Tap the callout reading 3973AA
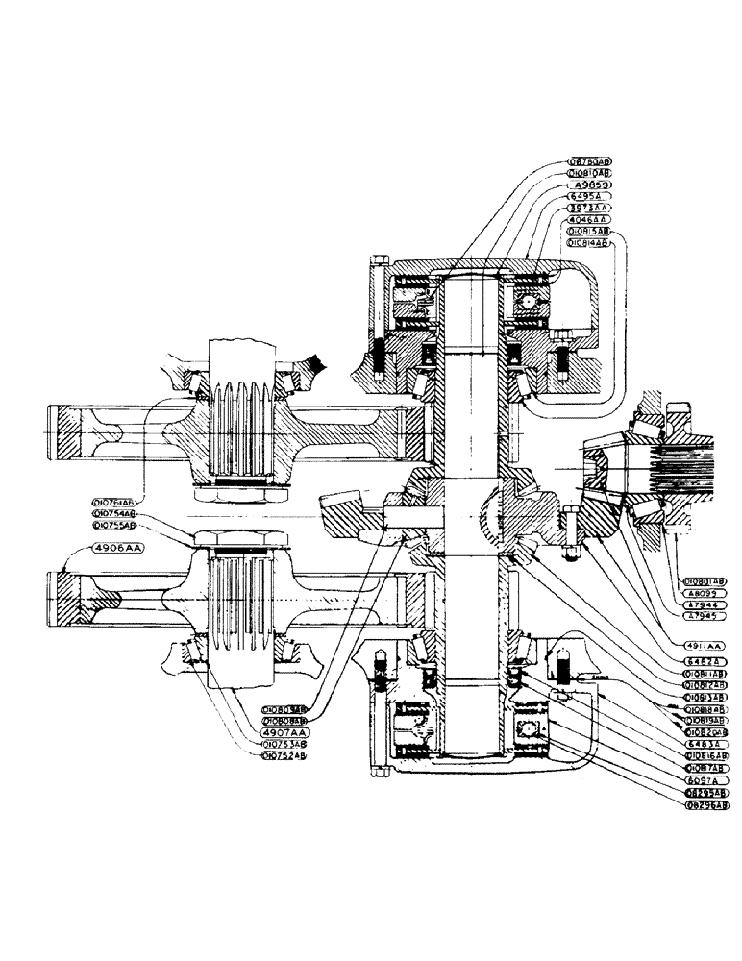click(590, 208)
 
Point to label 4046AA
click(590, 219)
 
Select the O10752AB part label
click(285, 756)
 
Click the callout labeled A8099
click(705, 594)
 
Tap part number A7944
click(705, 606)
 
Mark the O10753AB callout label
click(285, 744)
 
